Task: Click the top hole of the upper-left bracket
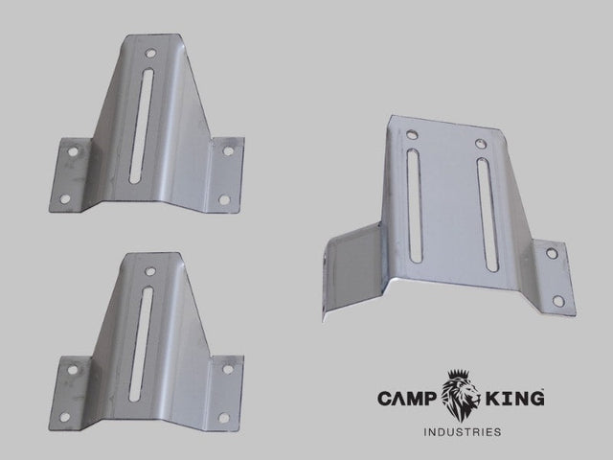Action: [x=151, y=54]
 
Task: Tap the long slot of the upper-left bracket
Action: [x=139, y=125]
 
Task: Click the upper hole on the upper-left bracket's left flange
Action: [x=70, y=150]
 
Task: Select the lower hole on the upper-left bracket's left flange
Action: [x=64, y=198]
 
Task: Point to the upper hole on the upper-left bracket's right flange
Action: [x=228, y=150]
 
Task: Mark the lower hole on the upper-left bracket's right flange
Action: [x=223, y=199]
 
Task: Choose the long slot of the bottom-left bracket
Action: [x=140, y=342]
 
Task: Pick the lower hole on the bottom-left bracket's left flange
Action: [x=65, y=417]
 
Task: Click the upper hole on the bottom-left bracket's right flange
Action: [x=228, y=369]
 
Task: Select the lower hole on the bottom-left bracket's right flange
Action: [x=223, y=417]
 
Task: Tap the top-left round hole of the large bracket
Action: [x=412, y=135]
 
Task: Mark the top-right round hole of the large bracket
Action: [x=480, y=143]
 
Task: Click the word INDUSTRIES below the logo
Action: [x=462, y=432]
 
